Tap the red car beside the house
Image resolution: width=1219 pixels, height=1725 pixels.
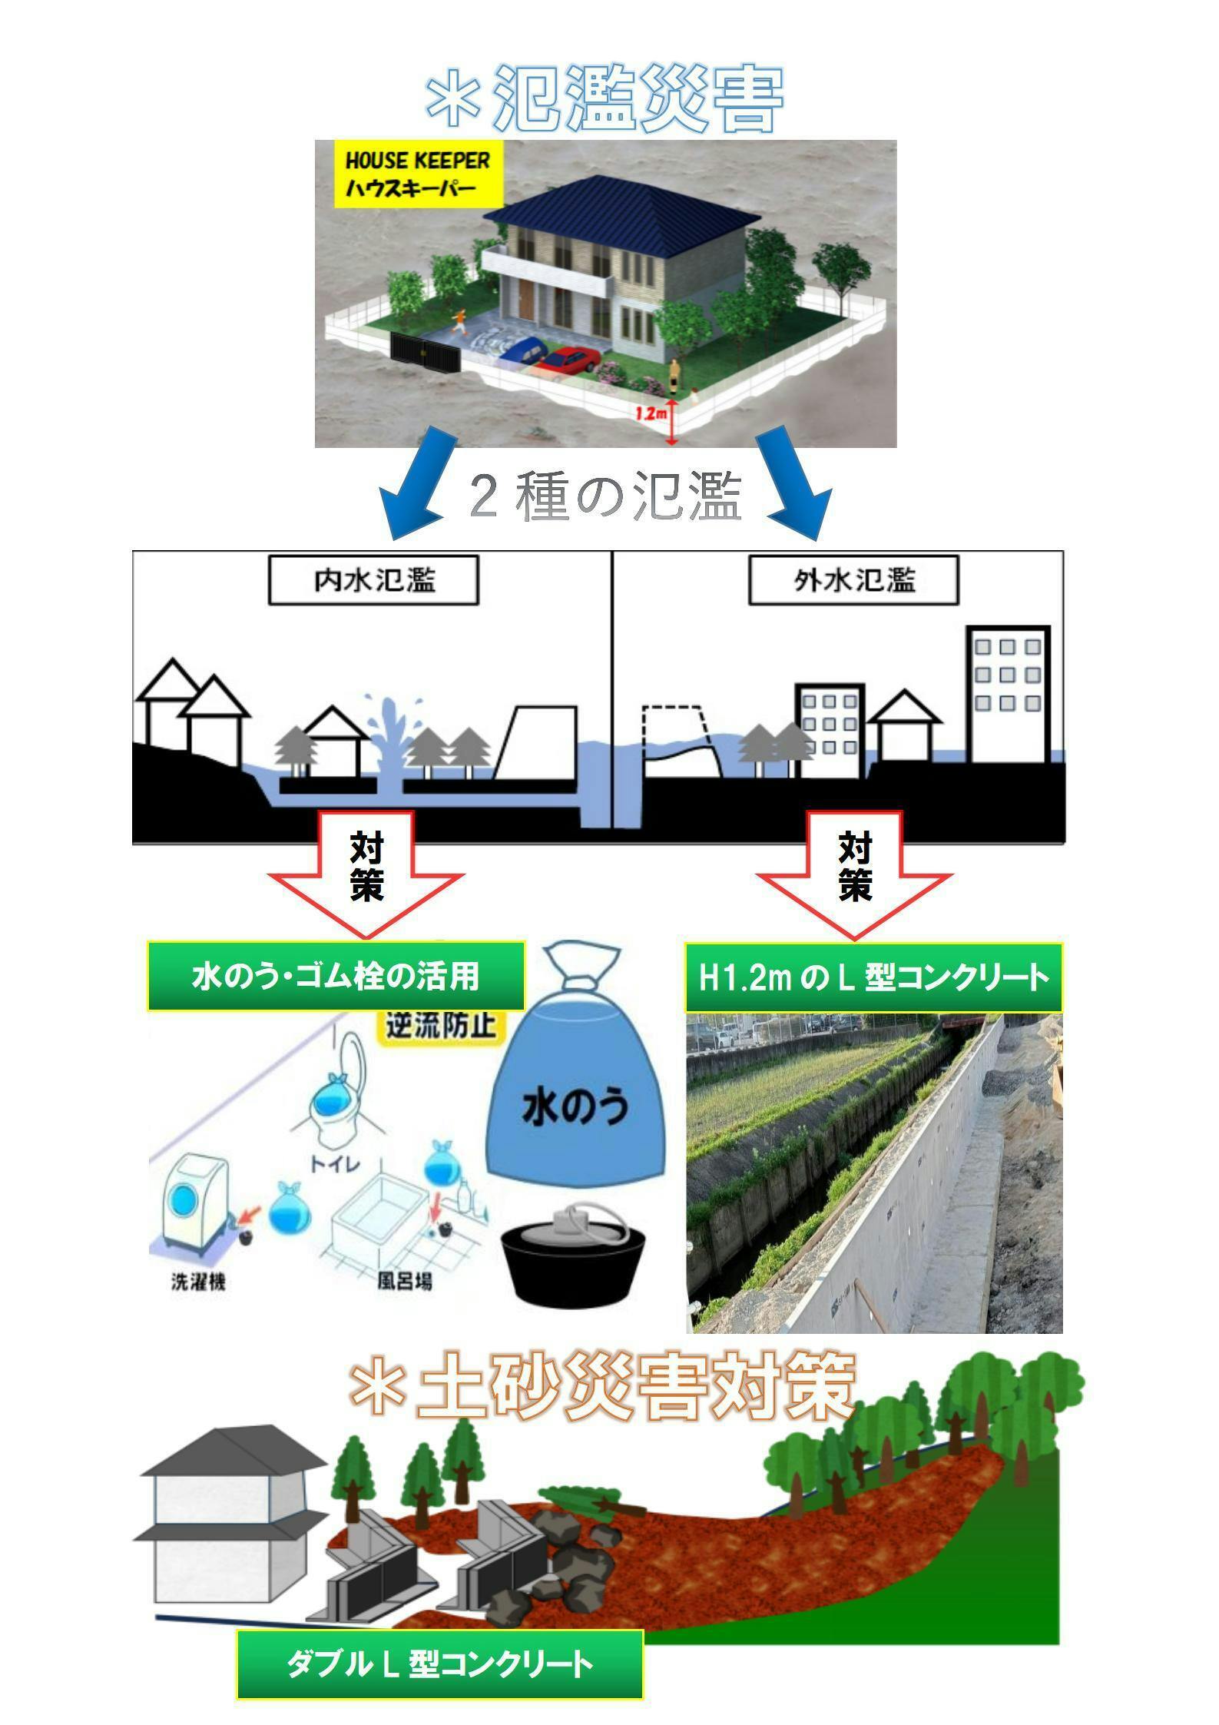coord(570,358)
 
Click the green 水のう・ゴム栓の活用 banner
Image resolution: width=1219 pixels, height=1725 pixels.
coord(336,976)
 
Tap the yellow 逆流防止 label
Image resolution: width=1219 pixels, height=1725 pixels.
coord(440,1027)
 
